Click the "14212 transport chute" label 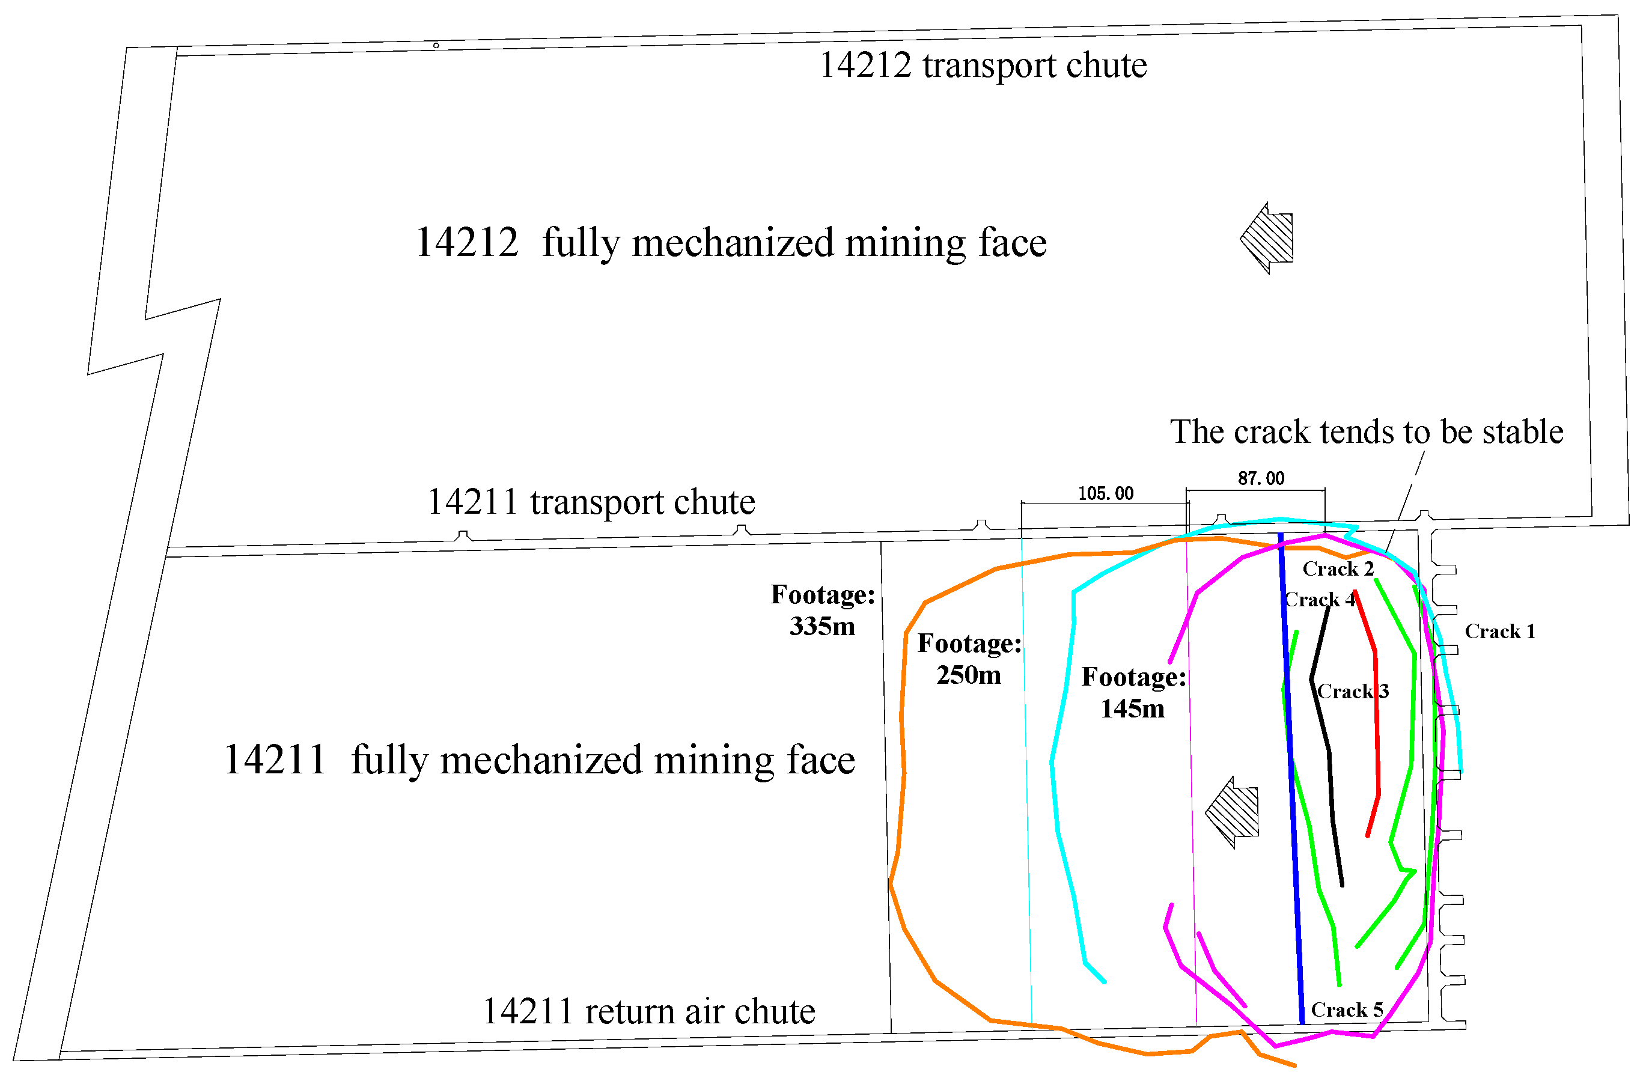(x=983, y=65)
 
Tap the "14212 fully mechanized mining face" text (x=730, y=243)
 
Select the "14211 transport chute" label (x=591, y=502)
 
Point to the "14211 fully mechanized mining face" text (x=540, y=760)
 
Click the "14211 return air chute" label (x=648, y=1011)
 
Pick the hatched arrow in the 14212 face (x=1267, y=239)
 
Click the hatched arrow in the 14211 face (x=1233, y=812)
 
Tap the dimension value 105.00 (x=1105, y=493)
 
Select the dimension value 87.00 (x=1261, y=478)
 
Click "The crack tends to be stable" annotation (x=1366, y=432)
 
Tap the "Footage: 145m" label (x=1133, y=693)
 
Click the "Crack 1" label (x=1499, y=631)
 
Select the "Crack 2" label (x=1338, y=569)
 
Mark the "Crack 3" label (x=1353, y=692)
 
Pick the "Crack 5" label (x=1347, y=1010)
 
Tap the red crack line (x=1376, y=726)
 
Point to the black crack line (x=1329, y=761)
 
